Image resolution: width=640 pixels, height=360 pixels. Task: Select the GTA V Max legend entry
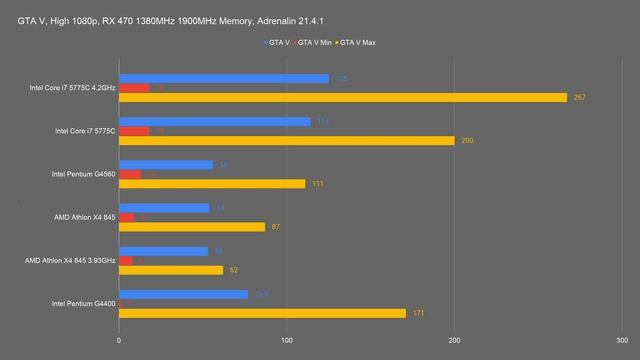tap(359, 43)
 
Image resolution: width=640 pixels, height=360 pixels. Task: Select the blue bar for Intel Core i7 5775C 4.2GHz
tap(223, 78)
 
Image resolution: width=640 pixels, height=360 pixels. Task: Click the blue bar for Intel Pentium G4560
tap(166, 165)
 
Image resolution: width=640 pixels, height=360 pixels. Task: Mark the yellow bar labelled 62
tap(171, 270)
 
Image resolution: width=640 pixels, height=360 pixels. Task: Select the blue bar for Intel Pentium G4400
tap(183, 294)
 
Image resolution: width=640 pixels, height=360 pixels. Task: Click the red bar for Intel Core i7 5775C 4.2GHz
tap(134, 88)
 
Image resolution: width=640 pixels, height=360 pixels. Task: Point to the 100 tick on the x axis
tap(287, 338)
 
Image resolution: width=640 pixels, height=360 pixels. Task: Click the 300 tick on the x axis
tap(622, 338)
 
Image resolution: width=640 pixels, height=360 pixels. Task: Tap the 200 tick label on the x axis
tap(455, 338)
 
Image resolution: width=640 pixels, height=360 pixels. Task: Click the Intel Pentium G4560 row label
tap(83, 174)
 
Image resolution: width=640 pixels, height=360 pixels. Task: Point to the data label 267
tap(578, 97)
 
